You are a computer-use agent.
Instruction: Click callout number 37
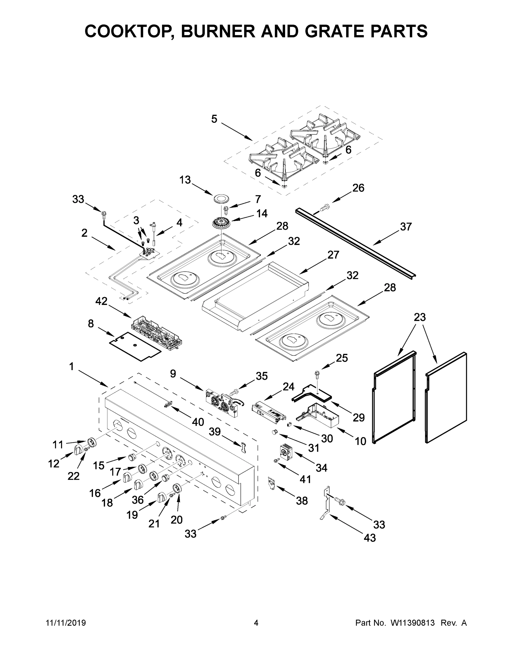click(x=405, y=226)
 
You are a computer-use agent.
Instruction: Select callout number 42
click(x=101, y=301)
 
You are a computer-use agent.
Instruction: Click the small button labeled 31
click(x=275, y=432)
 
